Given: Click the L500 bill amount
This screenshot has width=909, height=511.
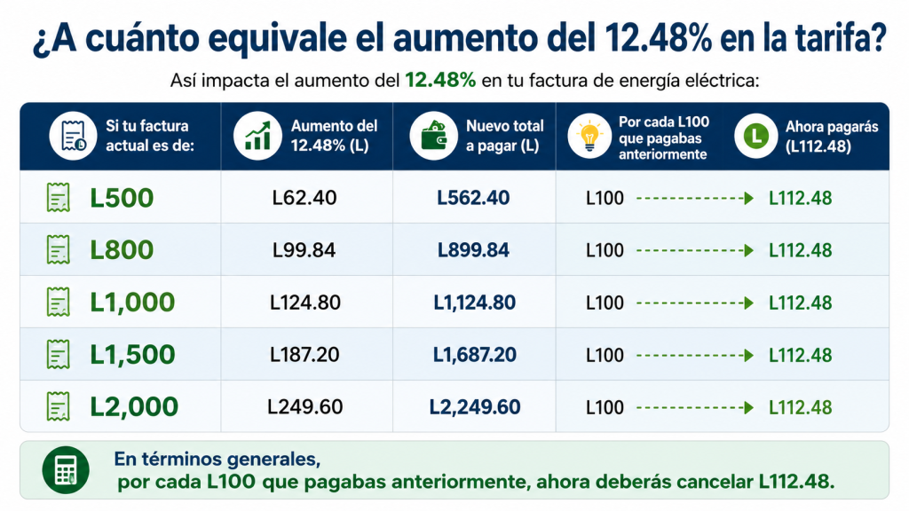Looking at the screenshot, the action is [122, 198].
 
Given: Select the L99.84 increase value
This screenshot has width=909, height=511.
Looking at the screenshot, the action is [304, 250].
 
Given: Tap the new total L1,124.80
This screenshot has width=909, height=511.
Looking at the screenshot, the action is [474, 303].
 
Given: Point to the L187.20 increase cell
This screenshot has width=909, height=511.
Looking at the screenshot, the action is [304, 355].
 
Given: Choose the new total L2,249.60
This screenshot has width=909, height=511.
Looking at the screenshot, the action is [474, 406].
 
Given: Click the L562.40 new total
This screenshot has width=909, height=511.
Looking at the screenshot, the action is [473, 198].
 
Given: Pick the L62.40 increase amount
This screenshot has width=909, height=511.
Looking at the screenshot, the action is [304, 198].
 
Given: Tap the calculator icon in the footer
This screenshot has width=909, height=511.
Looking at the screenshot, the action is [66, 470].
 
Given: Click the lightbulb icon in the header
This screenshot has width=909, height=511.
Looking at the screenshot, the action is [589, 136].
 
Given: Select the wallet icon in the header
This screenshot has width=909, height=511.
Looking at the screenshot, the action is [433, 136].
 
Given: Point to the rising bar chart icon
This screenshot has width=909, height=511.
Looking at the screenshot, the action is [257, 136].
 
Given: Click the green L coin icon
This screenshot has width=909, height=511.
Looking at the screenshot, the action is [755, 136].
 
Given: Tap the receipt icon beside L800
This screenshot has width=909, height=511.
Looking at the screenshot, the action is [58, 249].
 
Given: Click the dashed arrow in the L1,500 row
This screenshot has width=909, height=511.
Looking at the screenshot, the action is [694, 355].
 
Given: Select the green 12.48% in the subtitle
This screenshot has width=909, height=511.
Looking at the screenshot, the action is [440, 80].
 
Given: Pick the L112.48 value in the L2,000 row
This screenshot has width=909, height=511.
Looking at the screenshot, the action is [800, 407].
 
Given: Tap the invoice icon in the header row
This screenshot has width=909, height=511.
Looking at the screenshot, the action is [73, 136].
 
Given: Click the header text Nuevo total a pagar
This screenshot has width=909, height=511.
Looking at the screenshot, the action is [504, 136].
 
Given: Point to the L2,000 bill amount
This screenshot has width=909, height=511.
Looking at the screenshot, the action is [134, 406].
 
